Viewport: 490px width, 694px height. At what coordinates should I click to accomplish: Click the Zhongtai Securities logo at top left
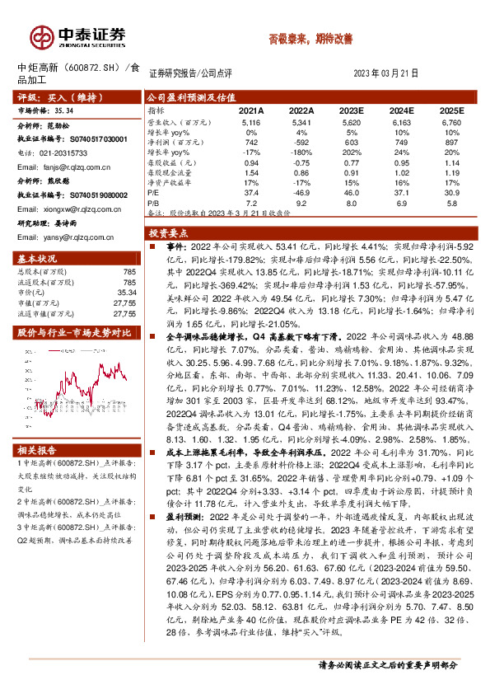(x=78, y=37)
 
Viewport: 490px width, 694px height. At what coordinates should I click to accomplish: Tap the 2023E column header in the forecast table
(x=351, y=110)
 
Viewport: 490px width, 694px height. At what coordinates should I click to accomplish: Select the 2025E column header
(x=451, y=110)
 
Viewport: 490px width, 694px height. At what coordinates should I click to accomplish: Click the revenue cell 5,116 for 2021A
(x=252, y=121)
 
